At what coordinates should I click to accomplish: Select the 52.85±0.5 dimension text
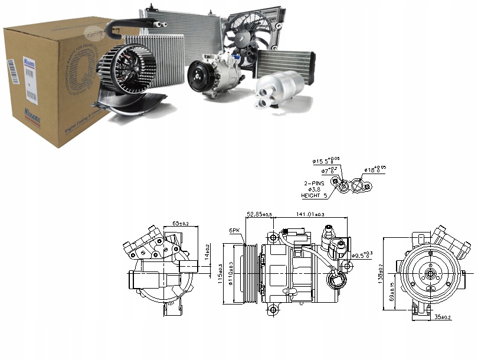[259, 214]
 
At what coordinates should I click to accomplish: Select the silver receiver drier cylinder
[277, 91]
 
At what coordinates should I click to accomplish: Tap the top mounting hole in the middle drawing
[272, 237]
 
